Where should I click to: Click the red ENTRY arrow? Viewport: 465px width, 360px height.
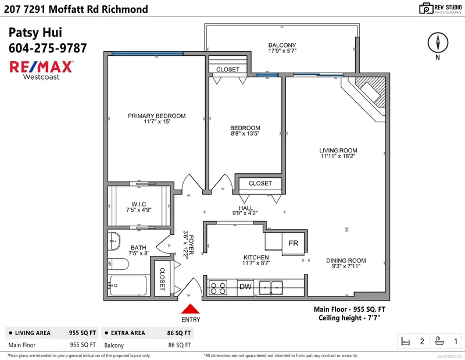(x=191, y=312)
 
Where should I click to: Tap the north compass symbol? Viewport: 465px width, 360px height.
(x=436, y=43)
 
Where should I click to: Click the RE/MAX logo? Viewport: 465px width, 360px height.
(x=41, y=69)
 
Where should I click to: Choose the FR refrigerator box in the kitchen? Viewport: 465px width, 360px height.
(x=294, y=244)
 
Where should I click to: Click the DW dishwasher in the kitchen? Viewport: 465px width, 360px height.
(x=245, y=286)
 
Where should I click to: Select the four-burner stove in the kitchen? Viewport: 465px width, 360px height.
(x=218, y=287)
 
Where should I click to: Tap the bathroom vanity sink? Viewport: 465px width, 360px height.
(x=115, y=240)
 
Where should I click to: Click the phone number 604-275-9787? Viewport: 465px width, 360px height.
(x=48, y=48)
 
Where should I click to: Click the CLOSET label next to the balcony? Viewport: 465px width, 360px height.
(x=227, y=69)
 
